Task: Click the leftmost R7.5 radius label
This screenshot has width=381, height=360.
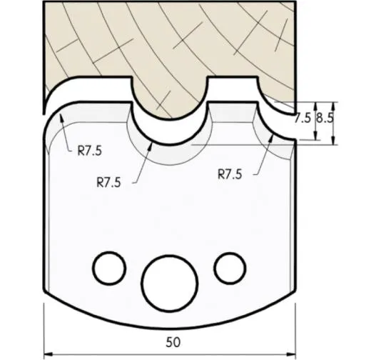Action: coord(90,151)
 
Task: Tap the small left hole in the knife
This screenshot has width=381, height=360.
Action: coord(110,266)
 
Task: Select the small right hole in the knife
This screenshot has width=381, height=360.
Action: coord(228,267)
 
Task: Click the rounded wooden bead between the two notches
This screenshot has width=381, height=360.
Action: coord(169,104)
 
